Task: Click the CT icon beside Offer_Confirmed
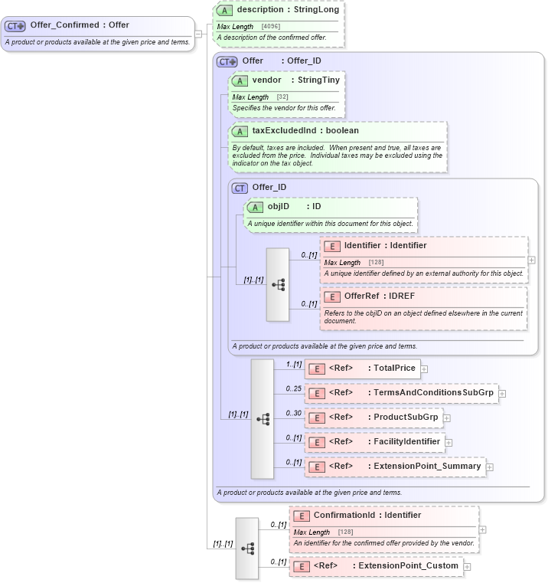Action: coord(15,25)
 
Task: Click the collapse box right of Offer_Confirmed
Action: coord(198,34)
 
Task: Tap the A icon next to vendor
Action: coord(240,80)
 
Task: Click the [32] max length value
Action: coord(282,97)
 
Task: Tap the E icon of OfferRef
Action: coord(332,296)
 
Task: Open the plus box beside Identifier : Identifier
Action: coord(532,260)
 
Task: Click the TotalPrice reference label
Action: coord(372,368)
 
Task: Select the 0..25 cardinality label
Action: coord(293,388)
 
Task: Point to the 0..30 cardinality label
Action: coord(293,413)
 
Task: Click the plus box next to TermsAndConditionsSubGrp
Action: coord(503,394)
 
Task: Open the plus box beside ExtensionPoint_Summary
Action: coord(490,467)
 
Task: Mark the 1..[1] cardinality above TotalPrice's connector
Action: coord(293,364)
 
